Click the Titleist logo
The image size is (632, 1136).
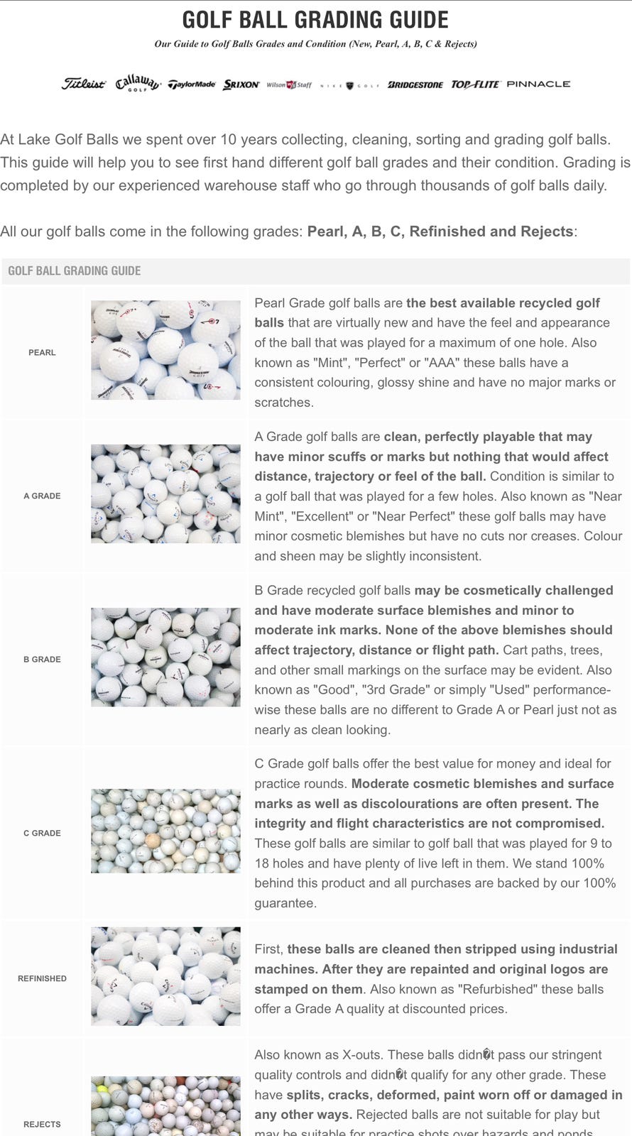pos(83,84)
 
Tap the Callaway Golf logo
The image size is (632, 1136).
pos(138,83)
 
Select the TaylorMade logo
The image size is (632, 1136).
pos(192,84)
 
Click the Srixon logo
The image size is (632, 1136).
pos(241,84)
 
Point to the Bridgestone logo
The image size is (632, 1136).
pos(415,84)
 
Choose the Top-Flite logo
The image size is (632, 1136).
pos(476,84)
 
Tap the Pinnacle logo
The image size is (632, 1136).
pos(538,84)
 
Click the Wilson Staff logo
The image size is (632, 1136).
pos(289,84)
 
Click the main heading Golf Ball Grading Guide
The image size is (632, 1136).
pos(315,19)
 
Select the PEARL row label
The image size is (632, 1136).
pos(42,352)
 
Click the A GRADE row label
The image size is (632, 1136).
pos(42,496)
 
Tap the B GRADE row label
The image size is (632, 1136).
pos(42,659)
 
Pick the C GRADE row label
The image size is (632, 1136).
pos(42,833)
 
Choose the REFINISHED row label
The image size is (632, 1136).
pos(42,978)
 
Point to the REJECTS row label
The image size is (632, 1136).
pos(42,1124)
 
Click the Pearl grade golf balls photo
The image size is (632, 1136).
pos(165,349)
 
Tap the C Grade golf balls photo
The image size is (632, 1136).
pos(165,831)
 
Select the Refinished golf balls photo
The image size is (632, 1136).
pos(165,976)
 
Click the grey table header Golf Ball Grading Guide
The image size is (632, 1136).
pos(75,271)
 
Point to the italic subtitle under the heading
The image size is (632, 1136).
pos(315,44)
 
